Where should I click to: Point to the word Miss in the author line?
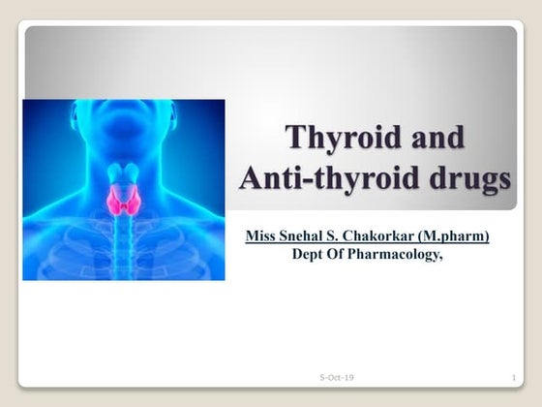pos(262,236)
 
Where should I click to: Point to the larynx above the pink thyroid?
pos(123,174)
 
